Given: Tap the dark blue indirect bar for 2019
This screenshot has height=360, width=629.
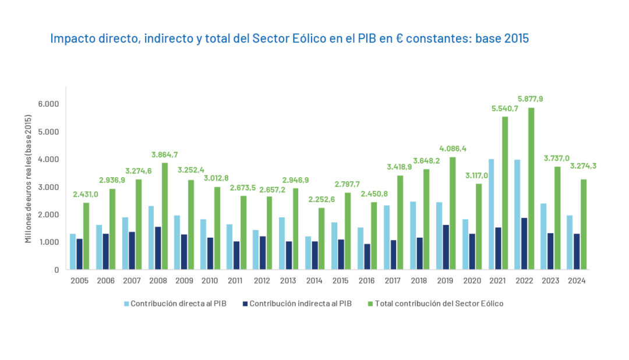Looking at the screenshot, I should coord(446,247).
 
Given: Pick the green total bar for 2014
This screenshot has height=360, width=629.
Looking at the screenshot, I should coord(321,239).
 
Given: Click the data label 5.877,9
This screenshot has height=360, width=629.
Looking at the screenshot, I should coord(530,98).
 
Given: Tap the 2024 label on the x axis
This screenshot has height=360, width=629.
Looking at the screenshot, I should coord(576,281).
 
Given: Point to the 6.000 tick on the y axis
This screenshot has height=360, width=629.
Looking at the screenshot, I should coord(48,104).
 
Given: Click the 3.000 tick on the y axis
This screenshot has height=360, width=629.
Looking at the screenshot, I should coord(48,187).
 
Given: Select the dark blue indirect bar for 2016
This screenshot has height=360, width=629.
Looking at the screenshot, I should coord(367,257).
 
